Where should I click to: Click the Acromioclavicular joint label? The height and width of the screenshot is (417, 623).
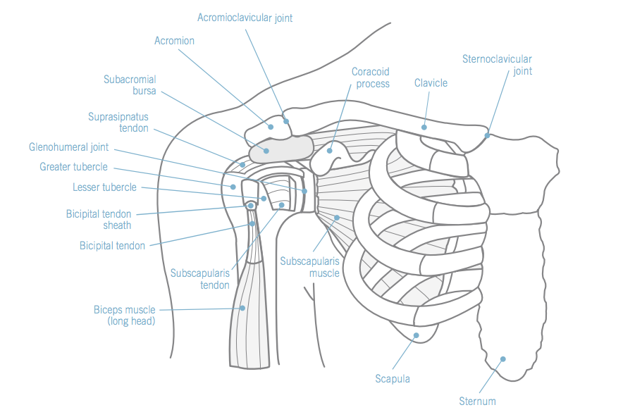point(245,18)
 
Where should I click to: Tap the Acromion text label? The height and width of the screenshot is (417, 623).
point(174,41)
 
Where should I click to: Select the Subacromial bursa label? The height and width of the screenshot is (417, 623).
point(130,85)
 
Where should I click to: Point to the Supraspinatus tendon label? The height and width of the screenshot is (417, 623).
point(118,123)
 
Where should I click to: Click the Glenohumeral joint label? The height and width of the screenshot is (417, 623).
point(69,148)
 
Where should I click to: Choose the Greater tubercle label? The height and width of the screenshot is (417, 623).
point(73,168)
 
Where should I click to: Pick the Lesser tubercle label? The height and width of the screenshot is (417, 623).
point(104,187)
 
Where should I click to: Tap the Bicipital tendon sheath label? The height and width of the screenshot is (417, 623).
point(99,219)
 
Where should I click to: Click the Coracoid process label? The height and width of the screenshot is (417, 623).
point(370,77)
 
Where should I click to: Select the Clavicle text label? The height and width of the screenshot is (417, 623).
point(431,83)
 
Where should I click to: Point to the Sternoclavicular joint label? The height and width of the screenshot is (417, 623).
point(497,65)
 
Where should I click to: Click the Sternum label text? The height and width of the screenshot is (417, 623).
point(477,402)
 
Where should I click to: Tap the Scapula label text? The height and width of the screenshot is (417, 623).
point(393,379)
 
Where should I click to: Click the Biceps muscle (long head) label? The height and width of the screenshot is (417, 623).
point(124,316)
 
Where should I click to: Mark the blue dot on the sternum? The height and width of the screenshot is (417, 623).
point(503,359)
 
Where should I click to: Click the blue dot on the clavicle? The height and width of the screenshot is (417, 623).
point(424,127)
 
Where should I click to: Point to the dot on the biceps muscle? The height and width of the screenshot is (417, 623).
point(242,308)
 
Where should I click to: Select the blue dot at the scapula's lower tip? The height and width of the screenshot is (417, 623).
point(416,335)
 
